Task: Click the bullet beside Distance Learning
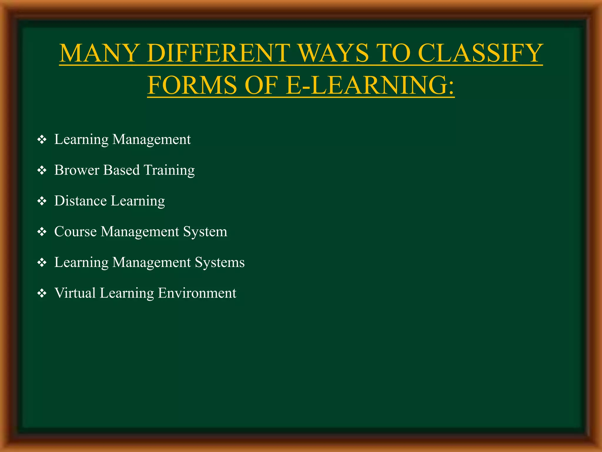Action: (42, 201)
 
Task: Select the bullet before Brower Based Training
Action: (42, 170)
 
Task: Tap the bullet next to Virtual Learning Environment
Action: (42, 293)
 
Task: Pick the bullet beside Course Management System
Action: (42, 232)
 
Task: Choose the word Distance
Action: (80, 201)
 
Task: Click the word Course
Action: (75, 232)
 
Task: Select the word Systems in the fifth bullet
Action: (220, 262)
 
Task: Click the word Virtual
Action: (75, 293)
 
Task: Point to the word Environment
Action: (197, 293)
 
